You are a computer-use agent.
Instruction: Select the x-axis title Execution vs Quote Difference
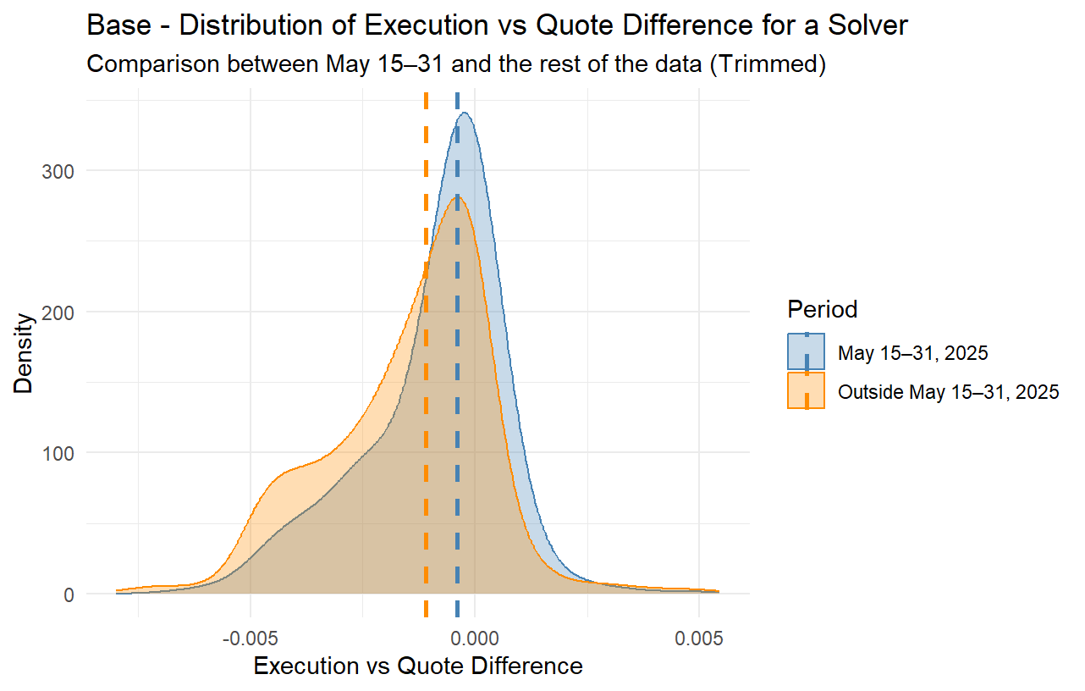coord(418,666)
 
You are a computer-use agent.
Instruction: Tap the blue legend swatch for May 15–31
coord(807,352)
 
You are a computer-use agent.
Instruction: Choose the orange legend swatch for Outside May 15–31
coord(807,391)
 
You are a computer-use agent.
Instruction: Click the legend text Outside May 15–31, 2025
coord(949,392)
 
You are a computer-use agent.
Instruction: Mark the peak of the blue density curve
coord(464,113)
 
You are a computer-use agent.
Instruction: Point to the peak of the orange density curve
coord(455,197)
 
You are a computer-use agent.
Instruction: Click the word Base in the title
coord(113,25)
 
